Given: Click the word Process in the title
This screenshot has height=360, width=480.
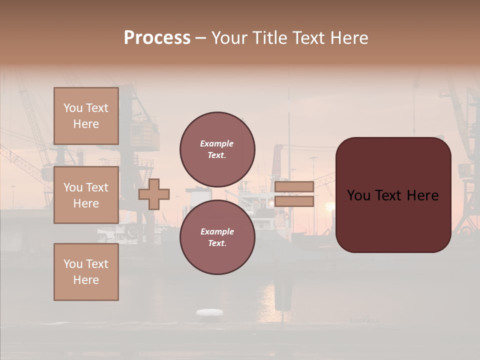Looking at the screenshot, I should point(157,38).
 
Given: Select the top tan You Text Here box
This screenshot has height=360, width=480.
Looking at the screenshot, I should point(86,116).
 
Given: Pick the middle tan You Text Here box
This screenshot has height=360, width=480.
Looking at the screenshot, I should point(86,195).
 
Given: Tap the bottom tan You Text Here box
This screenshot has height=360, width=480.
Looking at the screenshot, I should point(86,272).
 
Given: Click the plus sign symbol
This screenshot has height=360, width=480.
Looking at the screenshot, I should point(154,194).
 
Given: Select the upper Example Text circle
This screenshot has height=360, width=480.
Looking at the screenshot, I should point(217,149).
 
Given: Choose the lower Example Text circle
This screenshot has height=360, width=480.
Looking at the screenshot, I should point(217,237).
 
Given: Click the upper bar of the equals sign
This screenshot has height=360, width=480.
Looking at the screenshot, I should point(294,186).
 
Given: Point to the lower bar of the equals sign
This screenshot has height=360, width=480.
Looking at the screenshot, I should point(294,201).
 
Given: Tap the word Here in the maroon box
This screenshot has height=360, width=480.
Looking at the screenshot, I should point(423,195).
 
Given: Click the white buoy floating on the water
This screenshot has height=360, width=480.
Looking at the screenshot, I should point(209,312).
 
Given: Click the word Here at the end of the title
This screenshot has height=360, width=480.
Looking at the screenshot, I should point(349,38).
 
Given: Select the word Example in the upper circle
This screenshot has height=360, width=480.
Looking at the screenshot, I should point(217,144).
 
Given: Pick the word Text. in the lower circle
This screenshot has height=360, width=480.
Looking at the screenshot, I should point(217,243).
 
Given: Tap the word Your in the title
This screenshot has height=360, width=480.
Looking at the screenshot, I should point(228,38).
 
